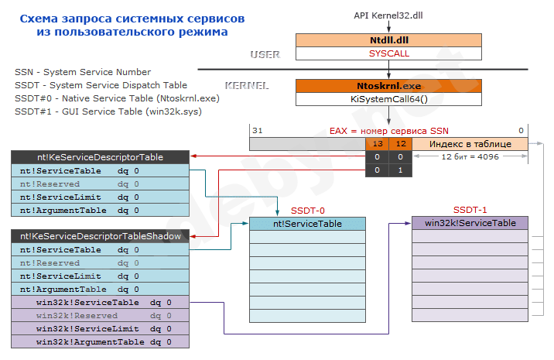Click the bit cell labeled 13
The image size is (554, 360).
(x=378, y=144)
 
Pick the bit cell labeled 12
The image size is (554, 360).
(x=399, y=144)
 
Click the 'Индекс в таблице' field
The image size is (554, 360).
(x=470, y=144)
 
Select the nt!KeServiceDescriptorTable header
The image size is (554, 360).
(x=101, y=157)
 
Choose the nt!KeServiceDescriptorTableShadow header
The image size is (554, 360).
(x=101, y=237)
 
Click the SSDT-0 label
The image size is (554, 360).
(x=307, y=210)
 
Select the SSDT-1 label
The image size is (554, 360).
(x=469, y=210)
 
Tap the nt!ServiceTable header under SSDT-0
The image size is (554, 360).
(x=307, y=224)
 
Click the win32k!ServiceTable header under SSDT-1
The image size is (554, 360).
(x=470, y=223)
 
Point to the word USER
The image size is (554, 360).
(x=265, y=54)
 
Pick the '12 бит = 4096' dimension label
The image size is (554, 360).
(x=470, y=157)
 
